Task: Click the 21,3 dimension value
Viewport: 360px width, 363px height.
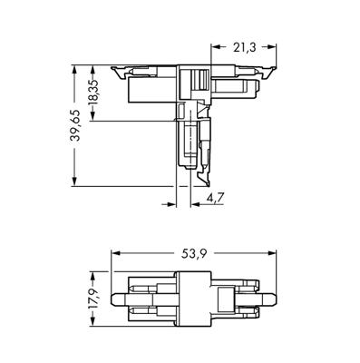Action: coord(244,47)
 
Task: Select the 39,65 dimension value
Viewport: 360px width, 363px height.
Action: coord(75,125)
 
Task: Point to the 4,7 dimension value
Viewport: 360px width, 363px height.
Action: coord(215,198)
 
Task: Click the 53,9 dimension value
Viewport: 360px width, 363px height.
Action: coord(194,254)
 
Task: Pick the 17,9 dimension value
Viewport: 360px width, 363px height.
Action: coord(93,299)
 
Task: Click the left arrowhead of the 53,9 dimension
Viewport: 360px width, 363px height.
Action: coord(116,254)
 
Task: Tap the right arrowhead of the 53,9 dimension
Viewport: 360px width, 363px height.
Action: coord(272,254)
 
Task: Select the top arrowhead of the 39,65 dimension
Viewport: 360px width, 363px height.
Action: coord(74,70)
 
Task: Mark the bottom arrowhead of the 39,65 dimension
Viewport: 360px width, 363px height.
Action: coord(74,181)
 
